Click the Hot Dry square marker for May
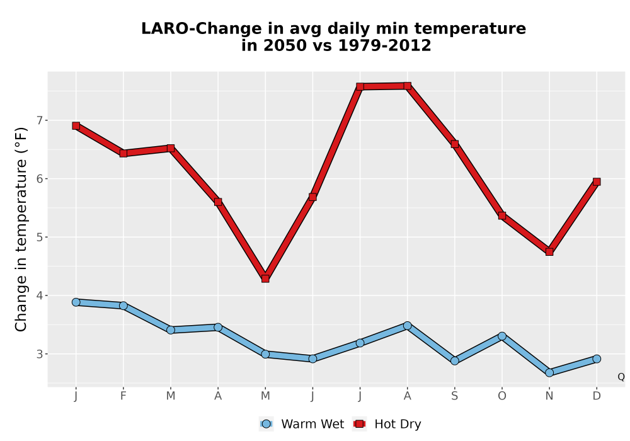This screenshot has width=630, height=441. (x=265, y=278)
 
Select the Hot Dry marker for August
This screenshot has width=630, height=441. (x=408, y=86)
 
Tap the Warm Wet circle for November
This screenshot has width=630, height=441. (x=549, y=373)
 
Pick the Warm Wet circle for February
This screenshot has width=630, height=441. (x=123, y=306)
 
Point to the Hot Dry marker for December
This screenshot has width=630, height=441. (x=597, y=181)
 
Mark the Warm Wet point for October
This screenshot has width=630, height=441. (x=502, y=336)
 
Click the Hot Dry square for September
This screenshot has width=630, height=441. (x=454, y=144)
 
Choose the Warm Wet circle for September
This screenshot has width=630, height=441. (x=454, y=360)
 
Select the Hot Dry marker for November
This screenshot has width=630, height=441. (x=549, y=251)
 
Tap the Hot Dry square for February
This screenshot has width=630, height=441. (x=123, y=153)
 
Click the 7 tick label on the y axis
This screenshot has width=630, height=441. (x=39, y=120)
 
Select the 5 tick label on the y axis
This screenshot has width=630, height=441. (x=39, y=237)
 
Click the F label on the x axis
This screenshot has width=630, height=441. (x=123, y=396)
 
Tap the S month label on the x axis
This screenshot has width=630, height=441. (x=454, y=396)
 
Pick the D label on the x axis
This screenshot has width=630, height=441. (x=597, y=396)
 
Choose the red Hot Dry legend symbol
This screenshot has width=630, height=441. (x=360, y=424)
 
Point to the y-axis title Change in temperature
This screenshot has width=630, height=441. (x=21, y=230)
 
